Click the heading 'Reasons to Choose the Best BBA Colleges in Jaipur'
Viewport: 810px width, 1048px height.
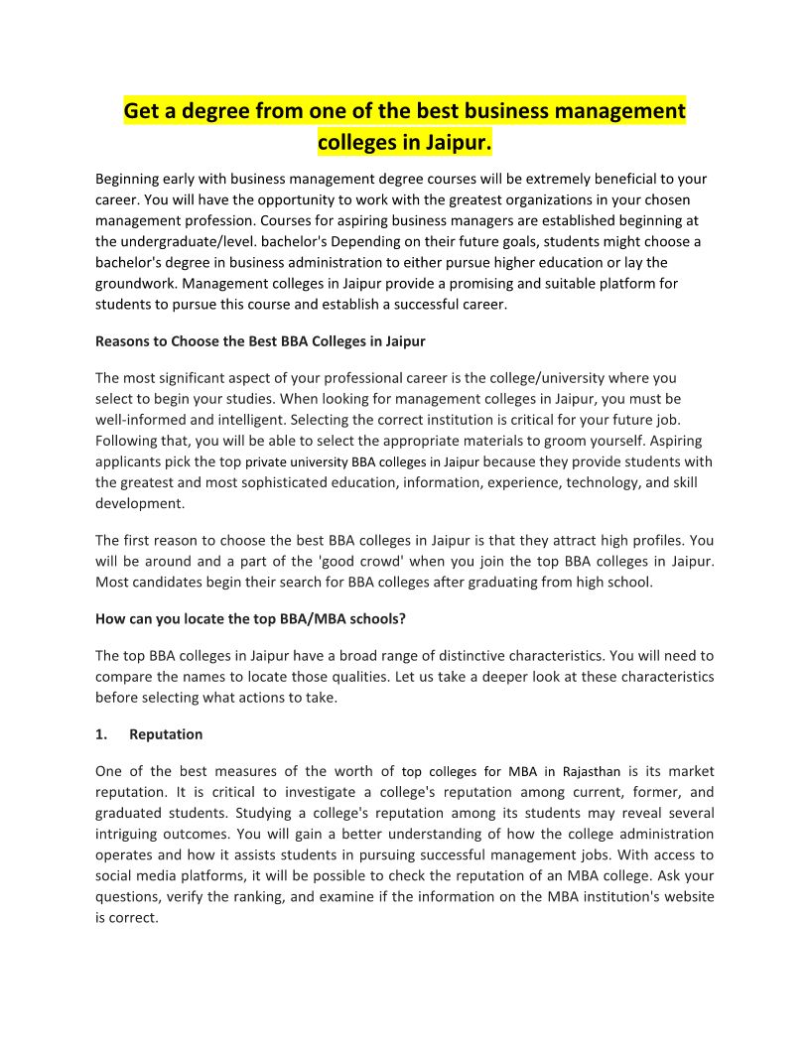point(260,341)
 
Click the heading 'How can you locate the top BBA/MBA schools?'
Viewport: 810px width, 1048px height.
point(250,618)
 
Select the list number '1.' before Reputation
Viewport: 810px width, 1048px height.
point(101,734)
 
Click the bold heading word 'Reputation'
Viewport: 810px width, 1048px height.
point(166,734)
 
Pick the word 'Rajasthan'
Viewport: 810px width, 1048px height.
point(592,771)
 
